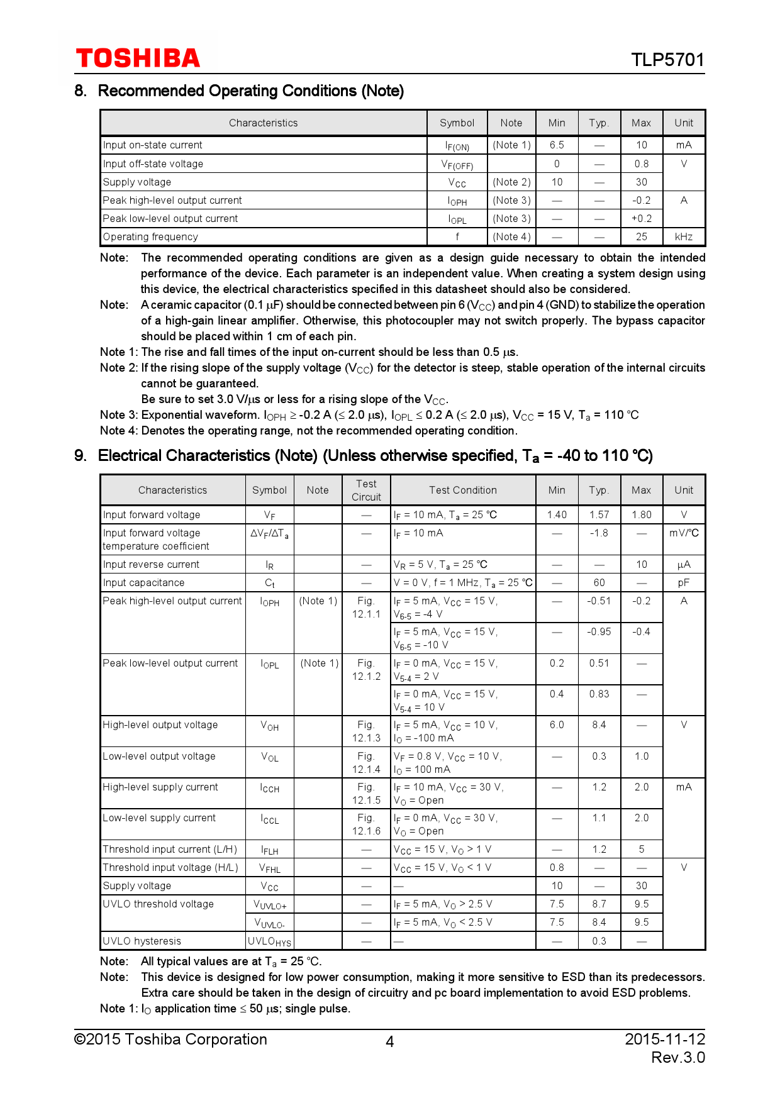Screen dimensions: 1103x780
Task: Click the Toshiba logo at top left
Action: (x=138, y=58)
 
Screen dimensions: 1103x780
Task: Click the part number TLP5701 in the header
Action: (x=667, y=60)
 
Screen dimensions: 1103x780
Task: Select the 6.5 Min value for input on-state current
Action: (x=557, y=145)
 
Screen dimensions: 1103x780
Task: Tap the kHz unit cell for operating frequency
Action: (x=684, y=237)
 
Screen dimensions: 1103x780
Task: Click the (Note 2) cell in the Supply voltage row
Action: (x=511, y=182)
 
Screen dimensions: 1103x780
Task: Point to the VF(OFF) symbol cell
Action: (x=457, y=165)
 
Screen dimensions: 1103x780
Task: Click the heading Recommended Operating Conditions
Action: (x=250, y=91)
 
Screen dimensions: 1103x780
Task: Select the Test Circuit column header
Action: (x=366, y=490)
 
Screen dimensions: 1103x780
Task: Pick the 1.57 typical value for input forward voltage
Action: (x=599, y=515)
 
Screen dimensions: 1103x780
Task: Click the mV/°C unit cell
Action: (x=684, y=533)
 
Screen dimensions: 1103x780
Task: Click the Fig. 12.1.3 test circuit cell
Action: (x=366, y=731)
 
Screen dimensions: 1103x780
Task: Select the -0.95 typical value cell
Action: (x=599, y=632)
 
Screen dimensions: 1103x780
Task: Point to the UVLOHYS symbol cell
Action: (x=269, y=941)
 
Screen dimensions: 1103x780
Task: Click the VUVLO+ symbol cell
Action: (x=270, y=905)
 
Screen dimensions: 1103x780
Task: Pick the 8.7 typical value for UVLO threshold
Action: (x=599, y=904)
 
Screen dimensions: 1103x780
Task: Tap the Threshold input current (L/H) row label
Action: (x=170, y=850)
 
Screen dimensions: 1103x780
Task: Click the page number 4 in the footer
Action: (x=389, y=1042)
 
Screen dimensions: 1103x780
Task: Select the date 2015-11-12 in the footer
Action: (x=665, y=1039)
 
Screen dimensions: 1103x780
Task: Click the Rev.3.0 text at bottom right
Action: (x=677, y=1058)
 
